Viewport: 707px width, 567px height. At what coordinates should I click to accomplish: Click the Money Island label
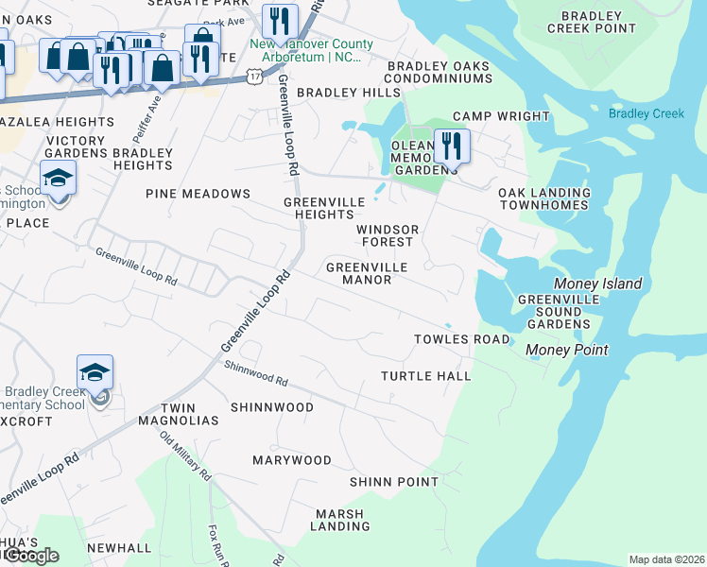click(x=598, y=283)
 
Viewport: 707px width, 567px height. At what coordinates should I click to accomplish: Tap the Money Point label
click(x=566, y=350)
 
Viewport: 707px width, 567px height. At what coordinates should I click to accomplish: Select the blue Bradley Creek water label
click(x=646, y=113)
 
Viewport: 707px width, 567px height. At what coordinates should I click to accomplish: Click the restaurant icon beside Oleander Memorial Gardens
click(x=452, y=147)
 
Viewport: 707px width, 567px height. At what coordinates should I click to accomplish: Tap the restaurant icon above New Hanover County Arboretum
click(x=279, y=22)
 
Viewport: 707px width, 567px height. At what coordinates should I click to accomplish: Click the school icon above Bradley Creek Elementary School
click(x=95, y=373)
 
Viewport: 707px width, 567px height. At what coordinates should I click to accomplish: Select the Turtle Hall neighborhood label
click(x=425, y=376)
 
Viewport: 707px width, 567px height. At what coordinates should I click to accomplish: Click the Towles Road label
click(x=461, y=339)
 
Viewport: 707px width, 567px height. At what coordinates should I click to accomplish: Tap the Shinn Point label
click(x=393, y=482)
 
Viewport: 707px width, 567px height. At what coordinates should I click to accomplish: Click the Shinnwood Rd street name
click(x=256, y=375)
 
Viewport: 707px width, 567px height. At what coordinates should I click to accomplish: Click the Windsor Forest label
click(x=387, y=235)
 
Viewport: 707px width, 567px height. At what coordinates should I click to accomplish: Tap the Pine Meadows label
click(x=198, y=194)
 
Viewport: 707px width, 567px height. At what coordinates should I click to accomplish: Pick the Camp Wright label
click(x=501, y=116)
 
